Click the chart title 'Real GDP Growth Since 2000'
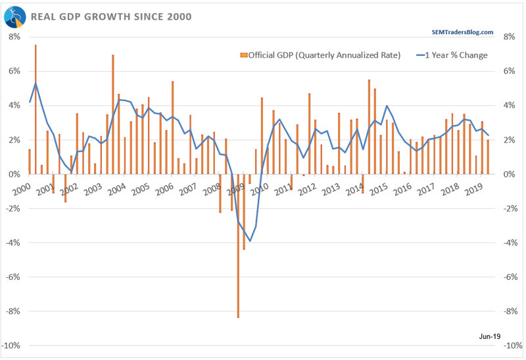111,16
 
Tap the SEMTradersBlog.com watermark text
462,32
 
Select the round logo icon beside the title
14,17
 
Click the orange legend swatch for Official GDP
244,55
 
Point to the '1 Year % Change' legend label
456,55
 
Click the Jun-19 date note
490,336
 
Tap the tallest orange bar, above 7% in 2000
36,109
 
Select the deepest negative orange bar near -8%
238,246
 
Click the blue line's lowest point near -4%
250,241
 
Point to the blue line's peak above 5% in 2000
36,83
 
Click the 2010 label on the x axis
259,189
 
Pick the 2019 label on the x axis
473,189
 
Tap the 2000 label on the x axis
22,189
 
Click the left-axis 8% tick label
14,37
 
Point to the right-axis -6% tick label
511,277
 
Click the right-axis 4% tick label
509,106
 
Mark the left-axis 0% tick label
14,174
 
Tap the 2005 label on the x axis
141,189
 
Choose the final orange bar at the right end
488,157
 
